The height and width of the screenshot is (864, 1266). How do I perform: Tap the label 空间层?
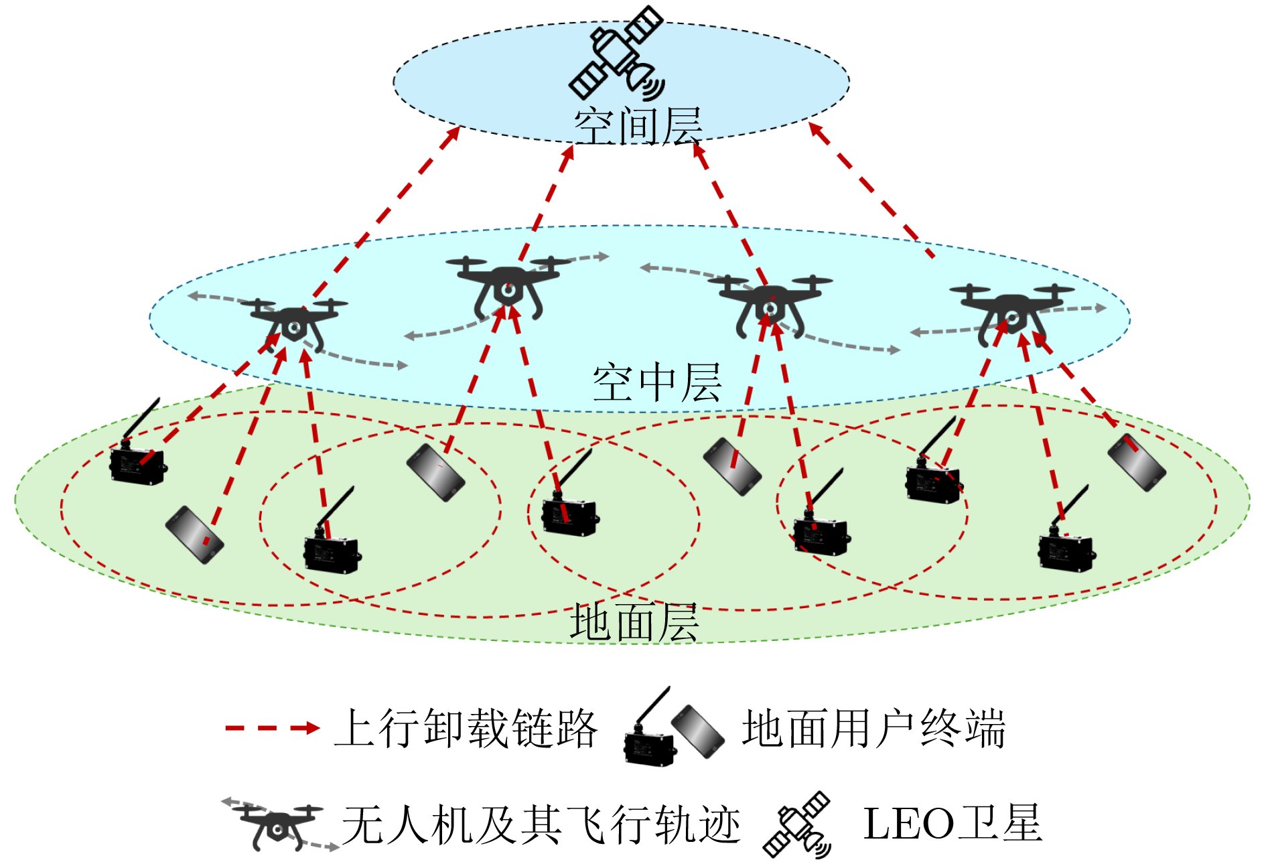tap(638, 126)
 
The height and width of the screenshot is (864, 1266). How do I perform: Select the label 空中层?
tap(657, 382)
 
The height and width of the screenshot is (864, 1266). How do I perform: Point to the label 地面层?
tap(634, 622)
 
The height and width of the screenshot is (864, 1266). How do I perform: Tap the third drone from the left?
tap(770, 305)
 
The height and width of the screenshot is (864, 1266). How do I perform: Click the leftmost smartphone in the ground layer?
tap(194, 534)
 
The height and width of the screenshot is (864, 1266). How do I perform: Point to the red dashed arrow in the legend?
tap(272, 728)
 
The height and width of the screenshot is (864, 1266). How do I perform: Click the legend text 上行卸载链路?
tap(466, 728)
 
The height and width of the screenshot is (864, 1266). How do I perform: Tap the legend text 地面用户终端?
tap(873, 728)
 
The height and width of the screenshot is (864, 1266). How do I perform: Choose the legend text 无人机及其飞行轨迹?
tap(541, 824)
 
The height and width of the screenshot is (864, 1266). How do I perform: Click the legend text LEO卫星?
tap(953, 823)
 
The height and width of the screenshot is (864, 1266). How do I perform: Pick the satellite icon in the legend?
tap(797, 824)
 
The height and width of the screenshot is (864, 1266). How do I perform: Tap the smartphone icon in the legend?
tap(698, 731)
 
